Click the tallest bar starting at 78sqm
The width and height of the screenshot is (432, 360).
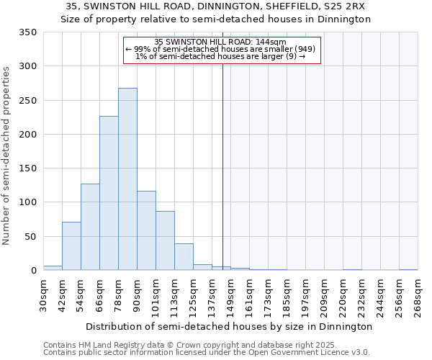click(x=127, y=179)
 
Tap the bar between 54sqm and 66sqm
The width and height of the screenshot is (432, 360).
click(x=90, y=227)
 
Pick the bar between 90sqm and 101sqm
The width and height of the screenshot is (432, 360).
click(x=146, y=230)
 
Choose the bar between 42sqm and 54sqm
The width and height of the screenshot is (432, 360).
click(x=71, y=246)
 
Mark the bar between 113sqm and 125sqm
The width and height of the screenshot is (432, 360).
click(x=184, y=257)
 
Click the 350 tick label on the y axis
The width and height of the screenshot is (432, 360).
click(x=27, y=32)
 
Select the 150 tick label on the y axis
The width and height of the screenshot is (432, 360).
click(x=27, y=168)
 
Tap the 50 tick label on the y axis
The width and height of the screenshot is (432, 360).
click(x=30, y=236)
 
